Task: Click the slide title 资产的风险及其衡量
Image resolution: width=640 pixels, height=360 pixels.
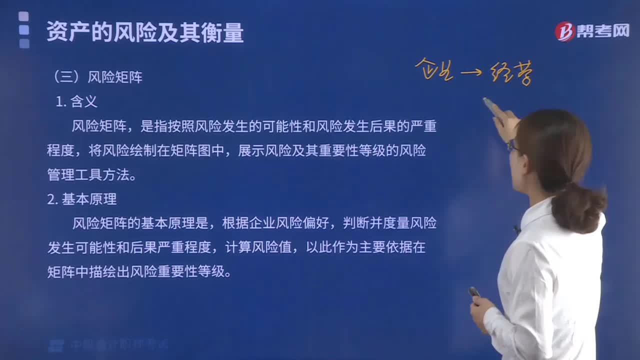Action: (145, 32)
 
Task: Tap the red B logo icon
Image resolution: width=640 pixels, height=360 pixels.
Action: (565, 31)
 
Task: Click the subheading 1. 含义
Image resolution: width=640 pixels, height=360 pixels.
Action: (76, 101)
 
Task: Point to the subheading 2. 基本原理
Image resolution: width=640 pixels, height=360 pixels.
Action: (82, 199)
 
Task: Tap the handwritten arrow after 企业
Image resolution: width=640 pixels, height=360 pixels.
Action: (470, 73)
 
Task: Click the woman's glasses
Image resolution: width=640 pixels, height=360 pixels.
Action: (511, 146)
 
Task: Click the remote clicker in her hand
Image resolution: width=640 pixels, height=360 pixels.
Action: (473, 291)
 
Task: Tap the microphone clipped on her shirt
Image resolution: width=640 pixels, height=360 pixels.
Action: (517, 229)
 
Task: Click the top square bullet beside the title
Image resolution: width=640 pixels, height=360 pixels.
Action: (23, 16)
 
